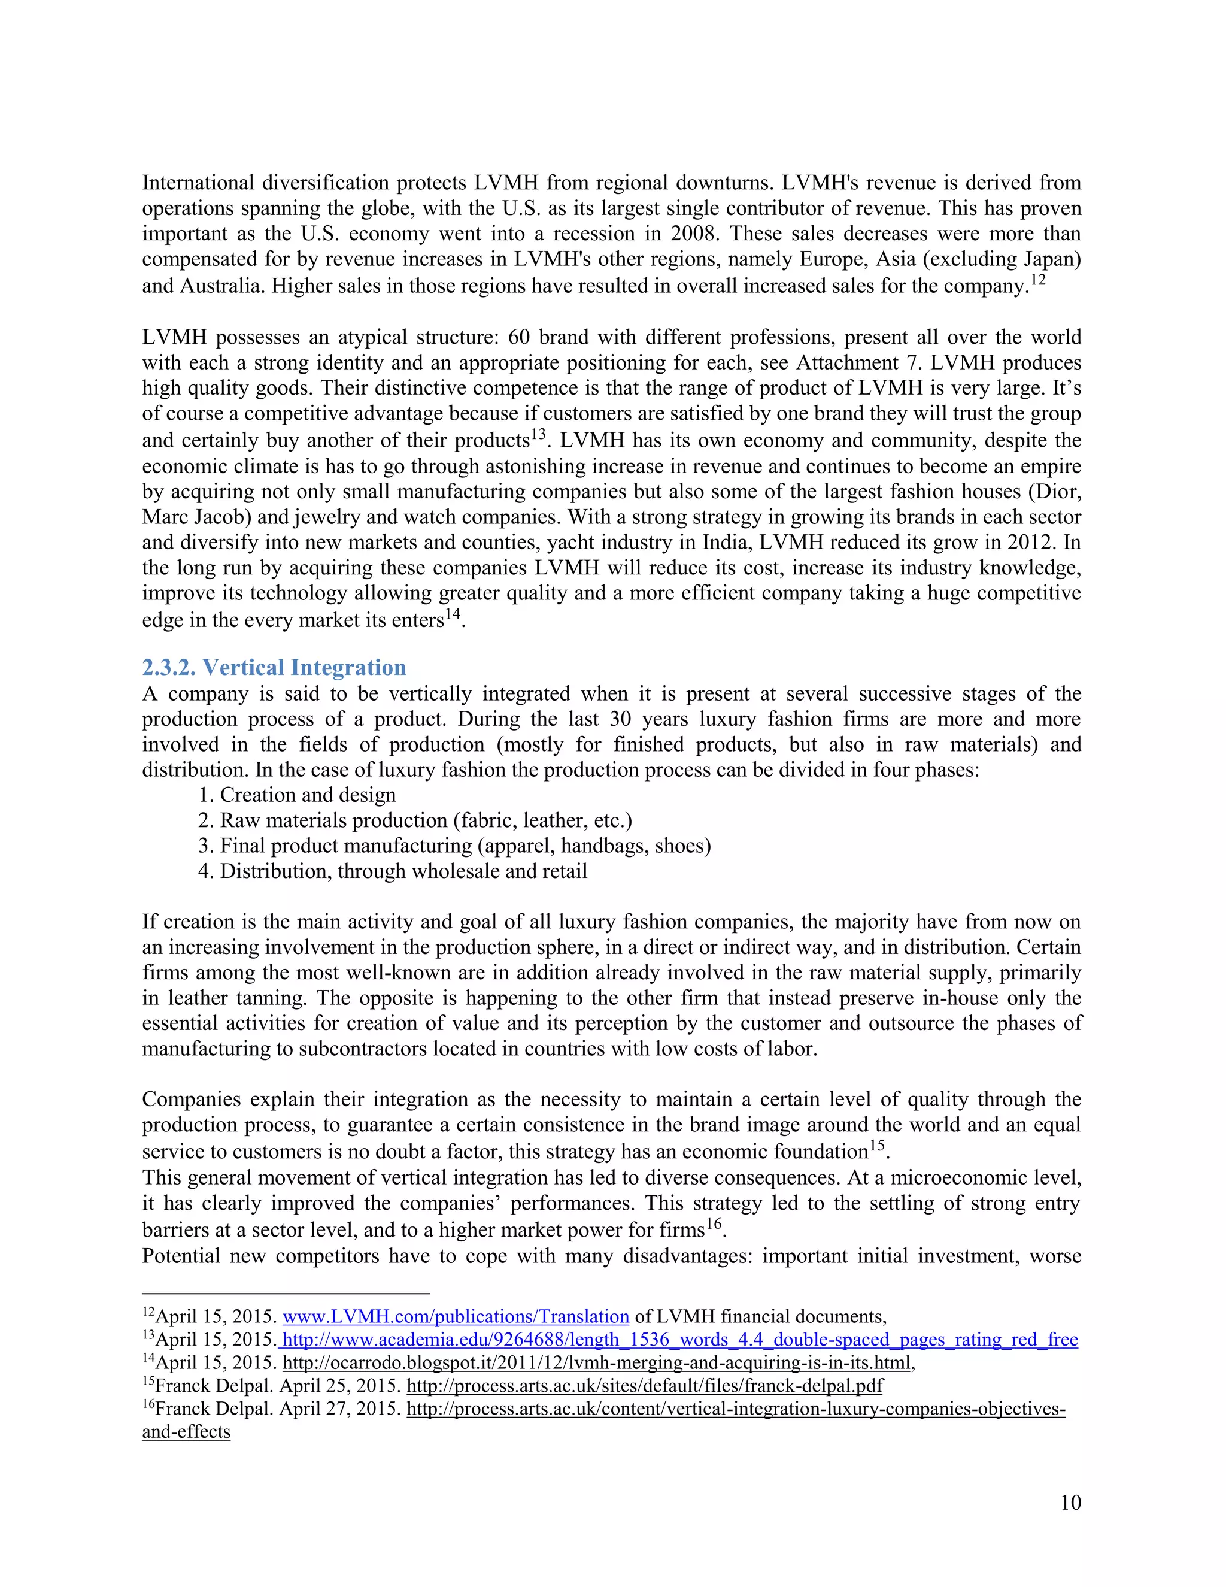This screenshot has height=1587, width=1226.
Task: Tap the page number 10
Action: [x=1070, y=1503]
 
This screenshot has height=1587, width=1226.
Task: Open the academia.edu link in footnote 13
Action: [x=679, y=1340]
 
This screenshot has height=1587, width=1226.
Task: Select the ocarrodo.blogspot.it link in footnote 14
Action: [x=596, y=1362]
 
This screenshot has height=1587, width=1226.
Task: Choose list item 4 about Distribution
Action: [x=403, y=871]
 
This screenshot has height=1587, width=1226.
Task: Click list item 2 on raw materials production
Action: [x=426, y=820]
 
